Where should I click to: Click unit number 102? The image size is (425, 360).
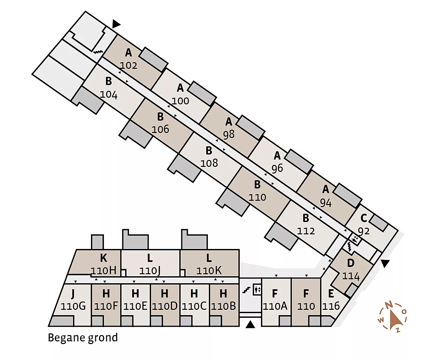(128, 65)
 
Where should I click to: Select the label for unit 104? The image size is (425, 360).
(109, 95)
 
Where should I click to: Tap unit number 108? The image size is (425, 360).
(209, 163)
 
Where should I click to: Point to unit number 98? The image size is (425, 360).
(229, 135)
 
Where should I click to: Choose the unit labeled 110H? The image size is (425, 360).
(104, 271)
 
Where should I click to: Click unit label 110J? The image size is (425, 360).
(150, 271)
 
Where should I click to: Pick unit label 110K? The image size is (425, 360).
(209, 271)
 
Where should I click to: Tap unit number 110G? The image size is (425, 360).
(73, 306)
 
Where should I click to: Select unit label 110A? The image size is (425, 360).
(275, 306)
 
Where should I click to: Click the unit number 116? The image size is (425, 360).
(331, 306)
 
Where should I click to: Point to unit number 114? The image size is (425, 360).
(351, 276)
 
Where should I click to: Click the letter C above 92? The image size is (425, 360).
(364, 218)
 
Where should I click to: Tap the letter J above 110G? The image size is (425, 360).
(73, 294)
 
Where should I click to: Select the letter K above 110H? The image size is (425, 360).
(104, 258)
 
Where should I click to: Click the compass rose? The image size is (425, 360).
(392, 316)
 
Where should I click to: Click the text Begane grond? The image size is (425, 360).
(83, 338)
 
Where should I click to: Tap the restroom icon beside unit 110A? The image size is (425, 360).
(257, 290)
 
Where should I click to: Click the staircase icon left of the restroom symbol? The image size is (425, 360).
(246, 290)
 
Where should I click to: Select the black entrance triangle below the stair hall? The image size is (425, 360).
(250, 324)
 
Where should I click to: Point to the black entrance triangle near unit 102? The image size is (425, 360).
(116, 24)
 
